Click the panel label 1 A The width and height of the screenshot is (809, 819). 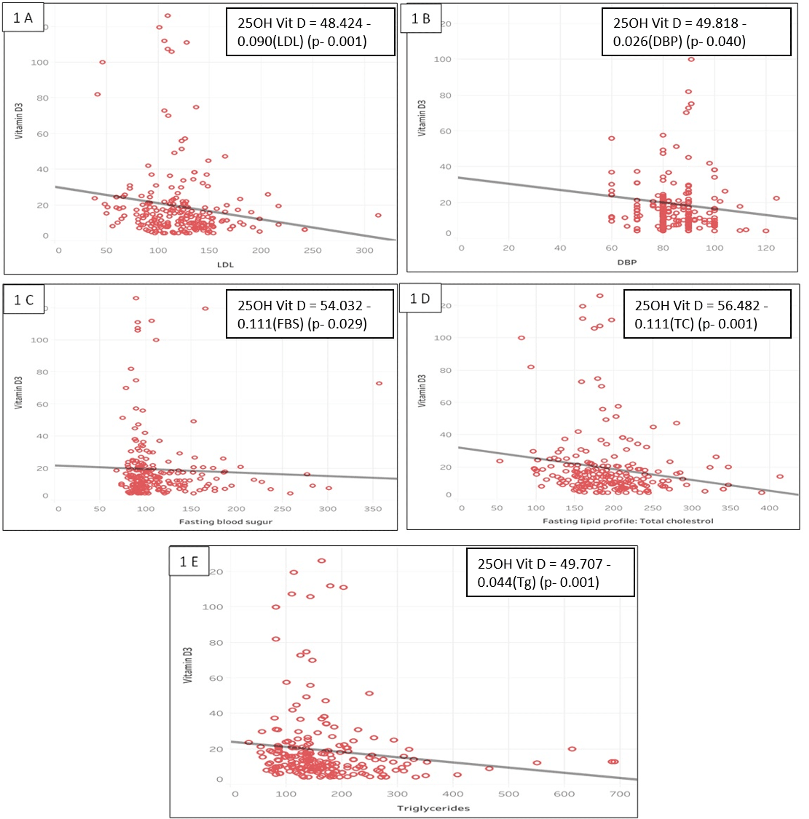pos(23,18)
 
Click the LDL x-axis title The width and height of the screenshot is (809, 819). pos(225,264)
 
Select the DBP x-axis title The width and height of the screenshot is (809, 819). pos(627,262)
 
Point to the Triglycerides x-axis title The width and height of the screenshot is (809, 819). pos(433,808)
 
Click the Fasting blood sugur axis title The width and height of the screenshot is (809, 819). pos(225,521)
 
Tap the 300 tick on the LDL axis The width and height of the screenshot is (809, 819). pos(364,250)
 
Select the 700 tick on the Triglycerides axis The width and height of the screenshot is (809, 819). pos(619,794)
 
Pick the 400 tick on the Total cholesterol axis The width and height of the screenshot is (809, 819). pos(769,508)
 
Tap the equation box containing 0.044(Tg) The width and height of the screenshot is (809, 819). pos(550,573)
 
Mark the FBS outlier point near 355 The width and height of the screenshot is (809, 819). pos(379,383)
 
